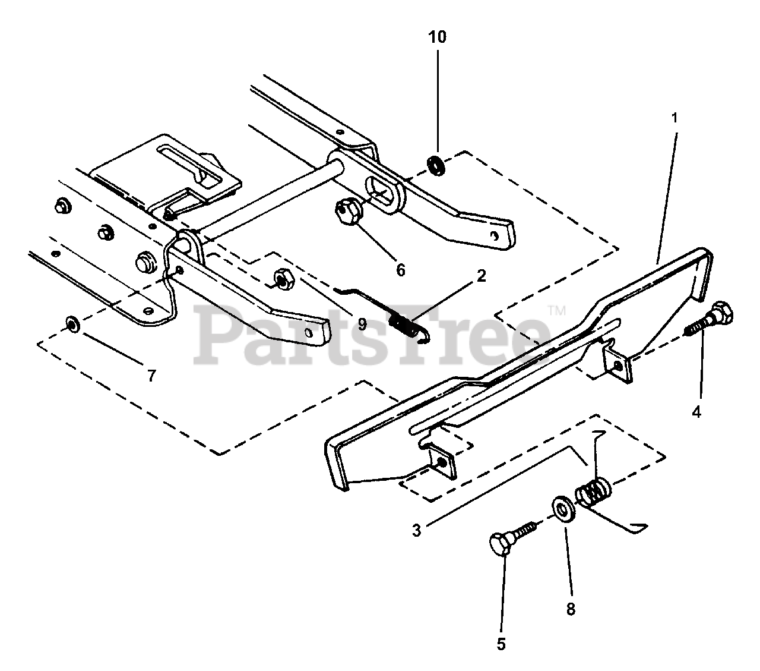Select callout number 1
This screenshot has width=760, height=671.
(674, 118)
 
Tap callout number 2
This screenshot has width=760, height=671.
(481, 276)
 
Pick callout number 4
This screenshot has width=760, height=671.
(696, 411)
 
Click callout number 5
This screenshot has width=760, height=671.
(501, 644)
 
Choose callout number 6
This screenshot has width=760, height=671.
(400, 270)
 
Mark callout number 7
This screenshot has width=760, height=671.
(151, 376)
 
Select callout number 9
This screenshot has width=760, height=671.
(362, 324)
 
